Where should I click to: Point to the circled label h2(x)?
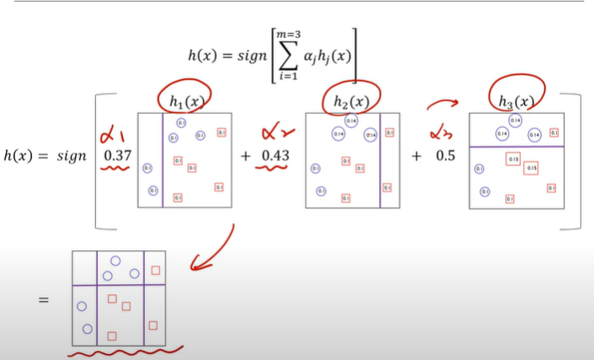tap(350, 102)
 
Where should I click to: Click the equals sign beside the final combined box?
tap(44, 299)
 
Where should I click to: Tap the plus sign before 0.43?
tap(246, 157)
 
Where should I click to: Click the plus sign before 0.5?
tap(416, 157)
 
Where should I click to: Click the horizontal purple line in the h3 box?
tap(515, 147)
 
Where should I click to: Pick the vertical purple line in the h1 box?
tap(163, 160)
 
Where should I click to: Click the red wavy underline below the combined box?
tap(126, 351)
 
